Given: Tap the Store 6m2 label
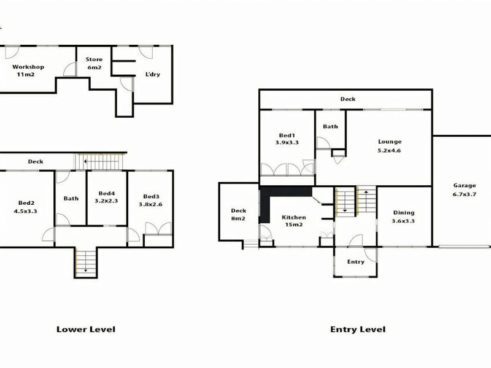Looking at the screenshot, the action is pyautogui.click(x=94, y=63).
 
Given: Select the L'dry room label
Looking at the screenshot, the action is pyautogui.click(x=153, y=74).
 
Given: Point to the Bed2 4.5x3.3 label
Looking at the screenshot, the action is pyautogui.click(x=25, y=207).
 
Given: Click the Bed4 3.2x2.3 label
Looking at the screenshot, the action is pyautogui.click(x=106, y=197).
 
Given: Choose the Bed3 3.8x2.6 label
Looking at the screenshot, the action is pyautogui.click(x=150, y=201).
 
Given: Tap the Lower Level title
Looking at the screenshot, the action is pyautogui.click(x=86, y=329).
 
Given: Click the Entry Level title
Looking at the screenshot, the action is pyautogui.click(x=358, y=329).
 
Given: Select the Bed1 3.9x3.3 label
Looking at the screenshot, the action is pyautogui.click(x=287, y=139).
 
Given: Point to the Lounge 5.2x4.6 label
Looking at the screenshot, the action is pyautogui.click(x=390, y=146).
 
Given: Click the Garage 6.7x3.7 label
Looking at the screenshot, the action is pyautogui.click(x=465, y=190).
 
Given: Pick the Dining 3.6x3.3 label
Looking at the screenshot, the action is pyautogui.click(x=403, y=217).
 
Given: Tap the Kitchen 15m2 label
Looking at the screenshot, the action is pyautogui.click(x=294, y=221).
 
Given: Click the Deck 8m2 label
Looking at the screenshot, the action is pyautogui.click(x=238, y=214).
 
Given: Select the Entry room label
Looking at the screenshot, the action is pyautogui.click(x=356, y=262).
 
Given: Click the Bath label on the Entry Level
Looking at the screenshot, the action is pyautogui.click(x=330, y=126).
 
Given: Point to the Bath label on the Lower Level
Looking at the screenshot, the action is pyautogui.click(x=71, y=198).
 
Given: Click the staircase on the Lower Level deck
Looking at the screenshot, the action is pyautogui.click(x=99, y=161).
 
